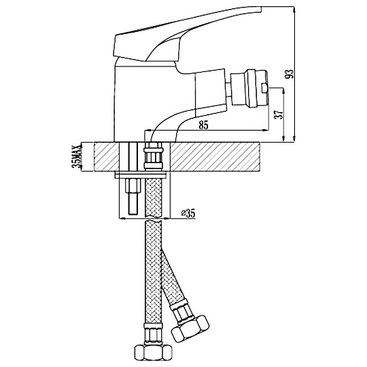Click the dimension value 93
[290, 74]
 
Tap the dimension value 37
[279, 114]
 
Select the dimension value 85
[203, 126]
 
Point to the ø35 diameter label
[188, 213]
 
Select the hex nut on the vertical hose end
[154, 352]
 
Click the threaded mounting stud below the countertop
[133, 196]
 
